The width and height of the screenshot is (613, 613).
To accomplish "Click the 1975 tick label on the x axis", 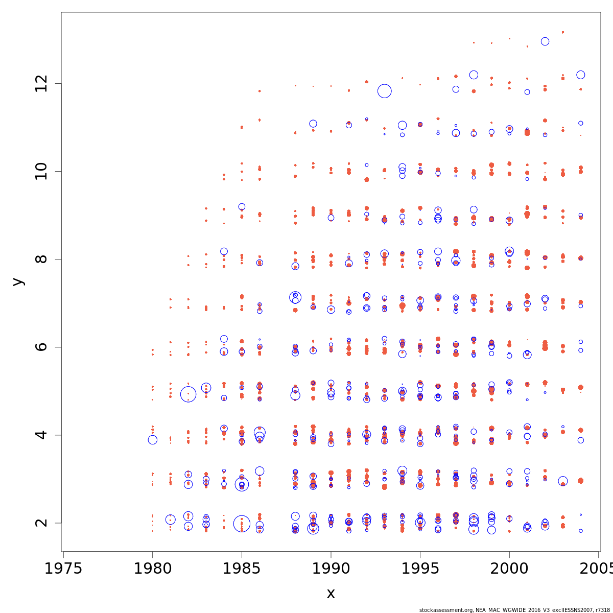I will (x=63, y=569).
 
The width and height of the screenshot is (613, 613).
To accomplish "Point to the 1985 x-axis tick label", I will (x=242, y=569).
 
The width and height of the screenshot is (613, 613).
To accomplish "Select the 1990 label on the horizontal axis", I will (x=331, y=569).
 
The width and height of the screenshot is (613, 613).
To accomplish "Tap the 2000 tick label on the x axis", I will (x=509, y=569).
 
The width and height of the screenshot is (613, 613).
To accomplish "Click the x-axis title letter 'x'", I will (x=331, y=594).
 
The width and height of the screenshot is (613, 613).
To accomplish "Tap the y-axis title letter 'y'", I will (x=18, y=281).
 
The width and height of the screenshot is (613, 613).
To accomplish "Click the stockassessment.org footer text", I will (x=514, y=610).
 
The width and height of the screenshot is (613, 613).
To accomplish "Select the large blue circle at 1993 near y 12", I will (x=385, y=91).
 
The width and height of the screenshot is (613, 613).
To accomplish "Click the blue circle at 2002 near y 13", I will (x=545, y=41).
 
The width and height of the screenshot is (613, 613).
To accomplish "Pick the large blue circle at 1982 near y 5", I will (x=188, y=394).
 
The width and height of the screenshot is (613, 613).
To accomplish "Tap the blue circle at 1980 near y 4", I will (x=153, y=440).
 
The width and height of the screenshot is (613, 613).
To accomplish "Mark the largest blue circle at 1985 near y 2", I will (x=242, y=523).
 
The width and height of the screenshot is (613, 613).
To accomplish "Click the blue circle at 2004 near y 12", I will (x=581, y=75).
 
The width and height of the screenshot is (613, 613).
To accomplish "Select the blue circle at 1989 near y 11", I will (x=313, y=124).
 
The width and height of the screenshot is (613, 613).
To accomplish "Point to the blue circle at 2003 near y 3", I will (x=563, y=481).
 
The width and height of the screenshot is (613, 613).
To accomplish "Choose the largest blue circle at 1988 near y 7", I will (x=295, y=297).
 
